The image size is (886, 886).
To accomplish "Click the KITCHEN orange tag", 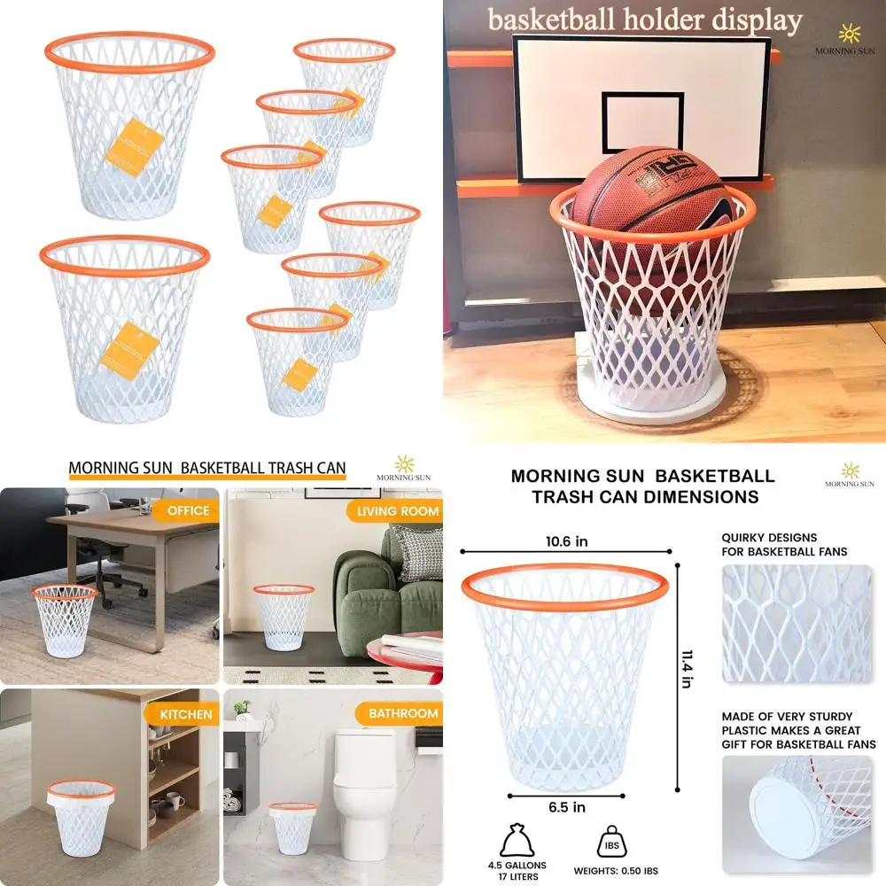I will tap(186, 713).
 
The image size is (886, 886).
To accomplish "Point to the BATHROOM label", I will tap(403, 713).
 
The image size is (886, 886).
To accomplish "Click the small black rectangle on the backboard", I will tap(642, 123).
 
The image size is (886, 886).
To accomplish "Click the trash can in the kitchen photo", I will tap(82, 815).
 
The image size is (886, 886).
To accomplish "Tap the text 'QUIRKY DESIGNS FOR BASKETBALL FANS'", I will tap(783, 544).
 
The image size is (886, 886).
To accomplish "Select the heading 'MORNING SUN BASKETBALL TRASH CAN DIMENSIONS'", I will tap(642, 486).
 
